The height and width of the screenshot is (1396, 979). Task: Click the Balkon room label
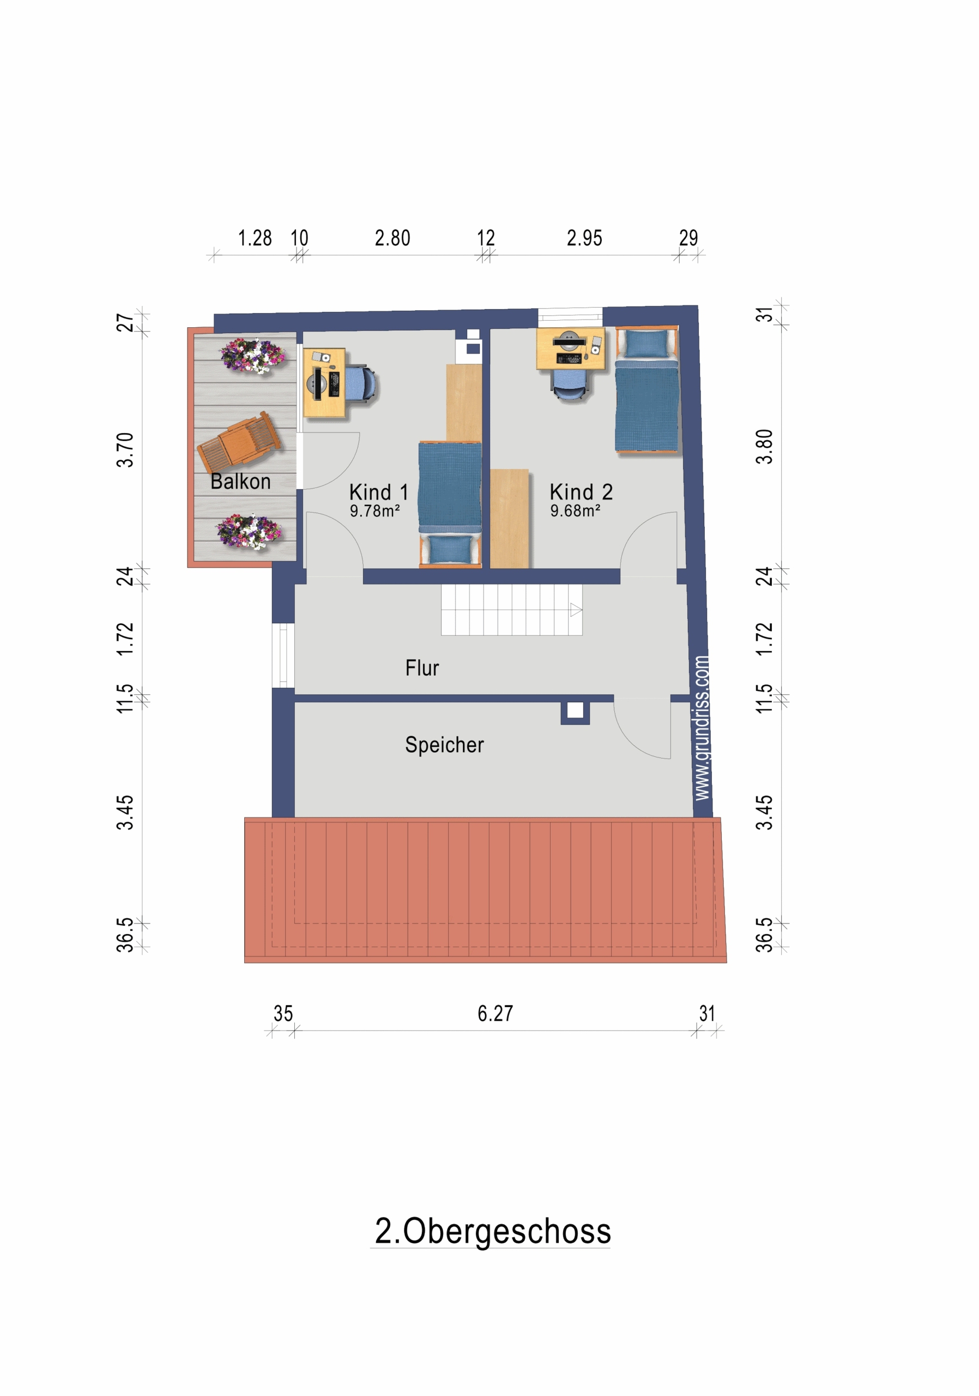click(x=240, y=481)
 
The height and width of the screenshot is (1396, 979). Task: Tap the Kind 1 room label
click(x=379, y=491)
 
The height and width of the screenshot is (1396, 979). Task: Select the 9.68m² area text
click(x=575, y=511)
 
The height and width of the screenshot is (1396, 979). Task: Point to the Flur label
click(x=422, y=667)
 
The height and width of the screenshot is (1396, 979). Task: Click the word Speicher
click(x=444, y=745)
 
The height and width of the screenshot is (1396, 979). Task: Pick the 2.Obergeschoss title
click(x=492, y=1231)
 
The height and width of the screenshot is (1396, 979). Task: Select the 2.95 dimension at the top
click(x=584, y=238)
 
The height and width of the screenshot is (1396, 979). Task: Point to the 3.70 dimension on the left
click(x=125, y=449)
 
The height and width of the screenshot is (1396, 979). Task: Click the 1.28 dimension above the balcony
click(x=255, y=238)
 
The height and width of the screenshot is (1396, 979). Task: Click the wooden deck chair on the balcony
click(x=239, y=441)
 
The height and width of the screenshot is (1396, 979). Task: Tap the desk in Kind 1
click(x=324, y=383)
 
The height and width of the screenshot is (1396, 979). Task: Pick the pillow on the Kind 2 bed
click(x=646, y=344)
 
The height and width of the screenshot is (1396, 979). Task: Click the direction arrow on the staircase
click(x=576, y=610)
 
